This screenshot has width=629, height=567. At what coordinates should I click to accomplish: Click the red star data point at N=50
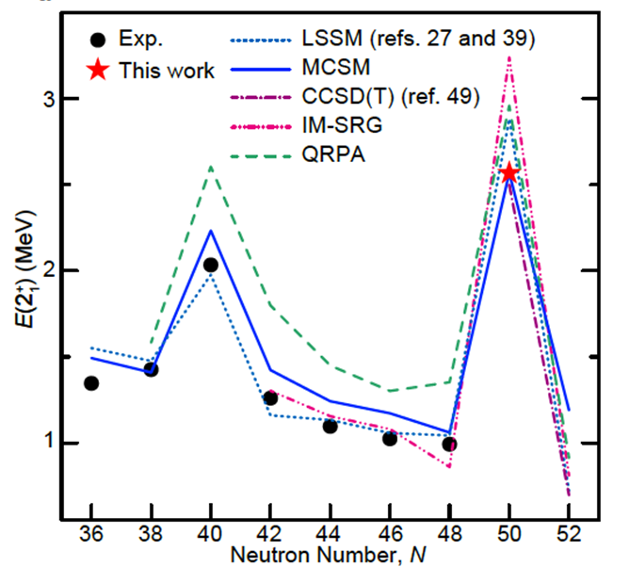point(509,172)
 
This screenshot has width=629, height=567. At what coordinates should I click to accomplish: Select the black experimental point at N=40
point(211,265)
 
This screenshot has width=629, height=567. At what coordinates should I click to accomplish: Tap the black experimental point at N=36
point(91,383)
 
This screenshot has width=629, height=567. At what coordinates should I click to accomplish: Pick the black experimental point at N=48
point(449,445)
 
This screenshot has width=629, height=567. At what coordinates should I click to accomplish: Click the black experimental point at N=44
point(330,427)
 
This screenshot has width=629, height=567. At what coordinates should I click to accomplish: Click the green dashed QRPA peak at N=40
point(211,167)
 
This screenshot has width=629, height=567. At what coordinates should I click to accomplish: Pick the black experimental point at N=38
point(151,369)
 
